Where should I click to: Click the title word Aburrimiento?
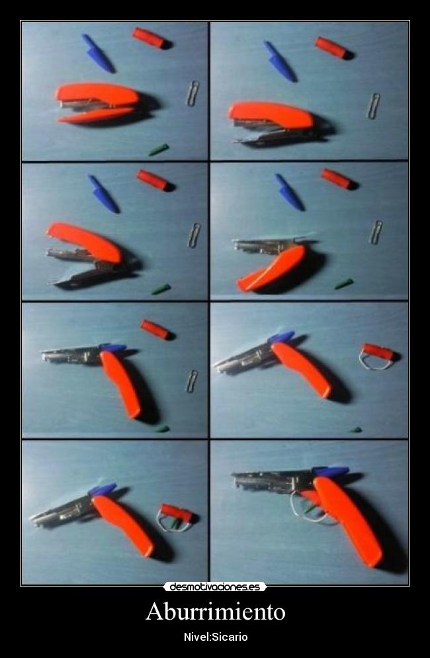[215, 611]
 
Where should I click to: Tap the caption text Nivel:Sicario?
[216, 637]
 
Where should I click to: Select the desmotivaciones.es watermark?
[215, 587]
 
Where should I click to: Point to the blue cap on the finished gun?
[331, 471]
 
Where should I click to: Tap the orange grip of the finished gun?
[347, 520]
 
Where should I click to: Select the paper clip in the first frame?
[193, 93]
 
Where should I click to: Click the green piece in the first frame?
[159, 150]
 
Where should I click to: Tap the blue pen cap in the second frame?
[280, 61]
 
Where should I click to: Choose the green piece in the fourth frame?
[344, 284]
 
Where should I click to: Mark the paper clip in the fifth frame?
[192, 381]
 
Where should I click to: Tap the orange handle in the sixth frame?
[301, 369]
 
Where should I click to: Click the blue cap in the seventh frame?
[103, 489]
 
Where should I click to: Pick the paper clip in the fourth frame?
[376, 232]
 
